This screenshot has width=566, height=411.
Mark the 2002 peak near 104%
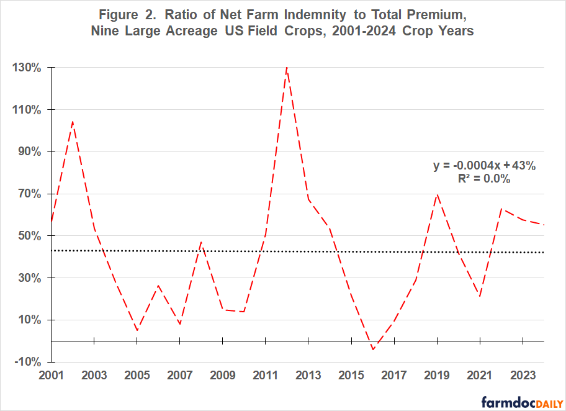pyautogui.click(x=73, y=122)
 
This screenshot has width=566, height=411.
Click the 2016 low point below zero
pyautogui.click(x=373, y=350)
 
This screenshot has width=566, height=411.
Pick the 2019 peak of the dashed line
pyautogui.click(x=438, y=194)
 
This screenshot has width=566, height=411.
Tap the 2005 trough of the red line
pyautogui.click(x=137, y=330)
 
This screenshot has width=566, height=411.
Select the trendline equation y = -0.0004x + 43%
pyautogui.click(x=483, y=166)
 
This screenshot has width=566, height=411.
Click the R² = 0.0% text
pyautogui.click(x=484, y=179)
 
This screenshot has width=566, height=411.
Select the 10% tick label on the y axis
pyautogui.click(x=30, y=320)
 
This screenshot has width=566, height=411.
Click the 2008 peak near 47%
pyautogui.click(x=201, y=242)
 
